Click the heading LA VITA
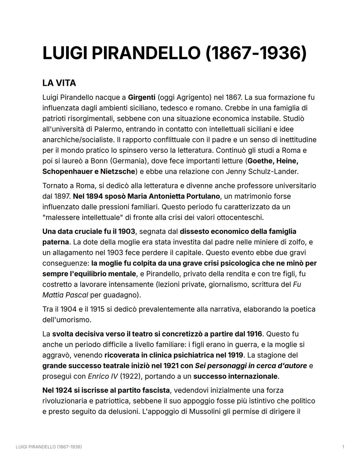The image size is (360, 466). click(x=59, y=83)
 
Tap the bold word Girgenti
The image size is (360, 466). click(x=142, y=97)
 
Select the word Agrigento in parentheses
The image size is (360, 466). click(x=194, y=97)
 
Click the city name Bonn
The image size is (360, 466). click(x=99, y=161)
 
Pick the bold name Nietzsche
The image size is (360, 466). click(x=118, y=171)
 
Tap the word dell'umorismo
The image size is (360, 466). click(x=67, y=320)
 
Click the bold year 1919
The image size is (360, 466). click(x=235, y=355)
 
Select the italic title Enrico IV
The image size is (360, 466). click(x=103, y=376)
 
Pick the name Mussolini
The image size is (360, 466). click(x=205, y=411)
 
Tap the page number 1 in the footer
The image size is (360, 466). click(x=343, y=447)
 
